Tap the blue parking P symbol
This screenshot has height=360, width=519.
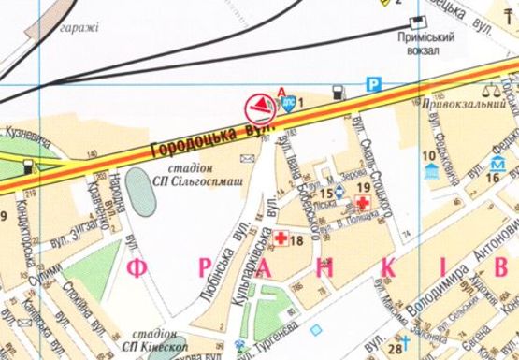[x=372, y=82]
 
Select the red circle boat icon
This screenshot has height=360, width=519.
[x=259, y=107]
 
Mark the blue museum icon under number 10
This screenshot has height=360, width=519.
[x=429, y=172]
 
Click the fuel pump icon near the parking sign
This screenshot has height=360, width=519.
[x=338, y=93]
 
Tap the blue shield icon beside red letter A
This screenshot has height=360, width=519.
[x=290, y=104]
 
